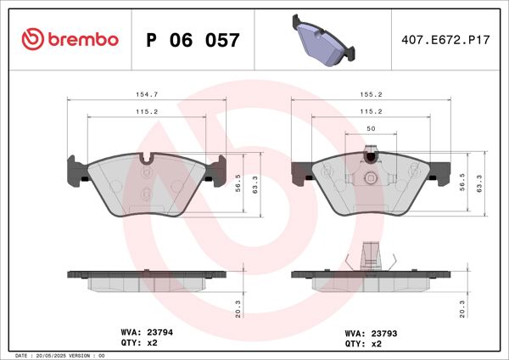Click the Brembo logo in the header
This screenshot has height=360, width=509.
[x=70, y=39]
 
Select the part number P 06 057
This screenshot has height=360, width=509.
[x=193, y=40]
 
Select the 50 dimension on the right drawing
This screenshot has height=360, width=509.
[x=370, y=128]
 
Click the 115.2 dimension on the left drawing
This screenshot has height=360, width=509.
[x=147, y=111]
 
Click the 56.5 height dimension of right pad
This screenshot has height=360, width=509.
[x=463, y=182]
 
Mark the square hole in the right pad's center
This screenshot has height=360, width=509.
[x=370, y=177]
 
